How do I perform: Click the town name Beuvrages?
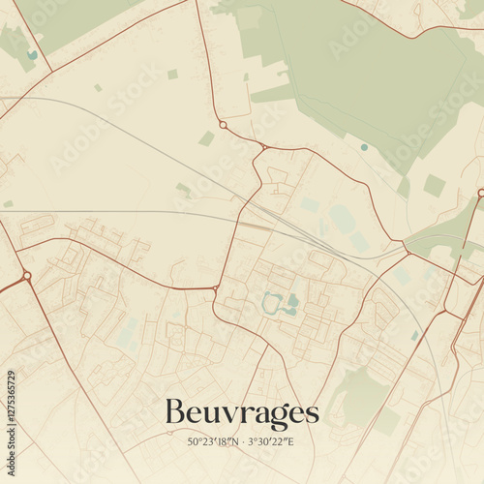241,413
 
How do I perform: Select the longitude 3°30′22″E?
271,442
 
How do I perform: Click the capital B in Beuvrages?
174,412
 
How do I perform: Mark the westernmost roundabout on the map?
26,276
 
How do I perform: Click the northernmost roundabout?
223,125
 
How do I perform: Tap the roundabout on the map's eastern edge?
480,194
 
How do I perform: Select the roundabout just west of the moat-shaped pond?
215,288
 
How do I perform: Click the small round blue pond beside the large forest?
364,147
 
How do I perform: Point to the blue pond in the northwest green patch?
32,55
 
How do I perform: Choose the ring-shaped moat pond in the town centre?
271,303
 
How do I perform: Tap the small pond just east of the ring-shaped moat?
292,301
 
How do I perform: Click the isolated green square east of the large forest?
435,185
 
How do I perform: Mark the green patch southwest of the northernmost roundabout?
206,138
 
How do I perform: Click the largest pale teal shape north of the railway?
341,218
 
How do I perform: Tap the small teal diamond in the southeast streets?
415,335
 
